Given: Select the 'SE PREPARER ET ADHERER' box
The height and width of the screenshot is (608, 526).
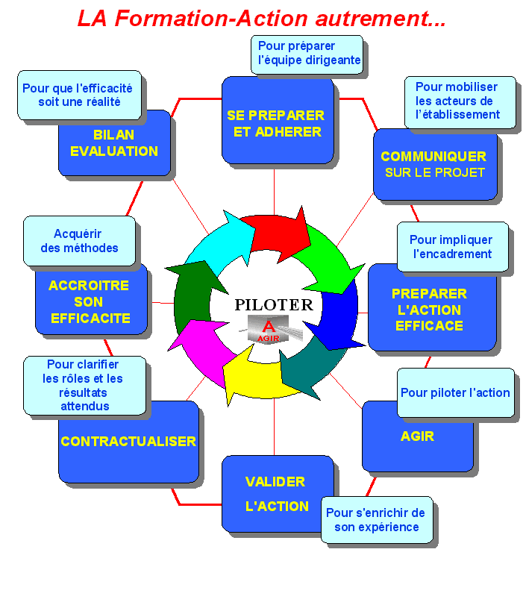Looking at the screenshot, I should point(277,123).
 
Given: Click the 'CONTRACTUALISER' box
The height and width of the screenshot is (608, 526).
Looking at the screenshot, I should point(128,442).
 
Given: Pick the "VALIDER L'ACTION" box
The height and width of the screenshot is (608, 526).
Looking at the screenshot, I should point(275,493).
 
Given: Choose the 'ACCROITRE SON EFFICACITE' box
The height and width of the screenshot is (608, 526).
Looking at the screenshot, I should point(90,302).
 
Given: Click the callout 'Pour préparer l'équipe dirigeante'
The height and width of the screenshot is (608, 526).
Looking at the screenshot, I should point(307,54).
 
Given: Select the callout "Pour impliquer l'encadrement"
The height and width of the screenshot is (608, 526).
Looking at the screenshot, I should point(451,247).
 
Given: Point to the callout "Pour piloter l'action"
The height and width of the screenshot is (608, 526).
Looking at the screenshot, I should point(455,392).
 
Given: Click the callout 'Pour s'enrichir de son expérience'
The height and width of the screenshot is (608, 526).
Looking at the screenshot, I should point(377,520).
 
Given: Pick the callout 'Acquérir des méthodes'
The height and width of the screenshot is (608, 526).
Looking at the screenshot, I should point(79,241).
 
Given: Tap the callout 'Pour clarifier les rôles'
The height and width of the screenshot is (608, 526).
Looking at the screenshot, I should point(84,385).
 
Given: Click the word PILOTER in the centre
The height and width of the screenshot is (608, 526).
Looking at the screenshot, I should point(274,304).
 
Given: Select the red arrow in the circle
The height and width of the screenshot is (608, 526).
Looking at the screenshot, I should point(278,231).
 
